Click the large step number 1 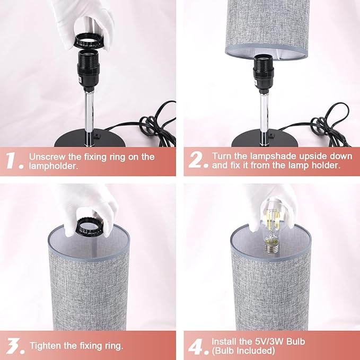[x=14, y=161]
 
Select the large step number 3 [x=14, y=345]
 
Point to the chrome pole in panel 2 [x=263, y=114]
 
